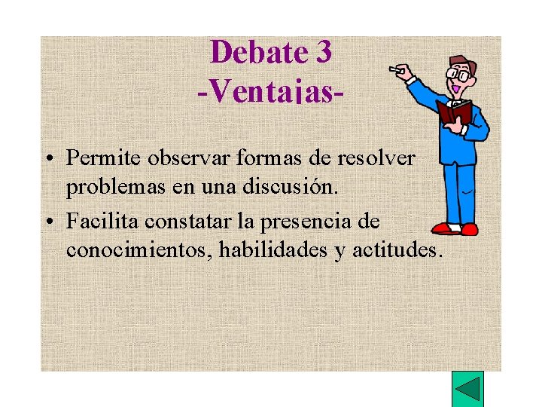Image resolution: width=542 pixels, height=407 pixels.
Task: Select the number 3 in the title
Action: click(321, 53)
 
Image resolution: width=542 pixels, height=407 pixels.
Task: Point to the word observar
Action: click(183, 158)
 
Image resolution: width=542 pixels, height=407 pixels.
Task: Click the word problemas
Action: click(116, 187)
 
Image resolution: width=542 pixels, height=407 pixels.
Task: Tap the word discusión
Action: click(296, 187)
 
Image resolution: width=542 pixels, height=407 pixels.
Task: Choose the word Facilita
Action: click(102, 222)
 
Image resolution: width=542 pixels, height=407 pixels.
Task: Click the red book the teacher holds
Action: click(454, 113)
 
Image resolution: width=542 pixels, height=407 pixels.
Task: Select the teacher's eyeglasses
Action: click(458, 73)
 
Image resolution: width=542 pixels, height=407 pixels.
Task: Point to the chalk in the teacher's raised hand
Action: click(393, 69)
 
